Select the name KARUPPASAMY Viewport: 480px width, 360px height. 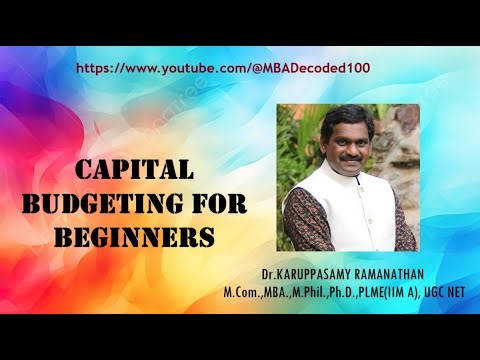[327, 273]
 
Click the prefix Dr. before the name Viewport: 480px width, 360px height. [271, 273]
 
